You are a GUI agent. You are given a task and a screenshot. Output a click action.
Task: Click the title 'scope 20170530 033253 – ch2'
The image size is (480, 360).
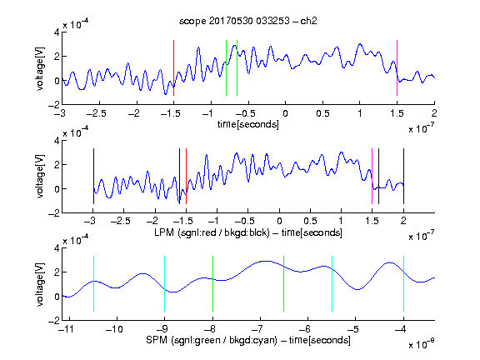248,21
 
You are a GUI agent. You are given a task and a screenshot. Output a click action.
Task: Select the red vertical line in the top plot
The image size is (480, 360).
173,68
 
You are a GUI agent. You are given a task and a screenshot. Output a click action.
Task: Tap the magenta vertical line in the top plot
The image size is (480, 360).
397,68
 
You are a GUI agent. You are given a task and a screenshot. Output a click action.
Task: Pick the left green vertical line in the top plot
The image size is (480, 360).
226,68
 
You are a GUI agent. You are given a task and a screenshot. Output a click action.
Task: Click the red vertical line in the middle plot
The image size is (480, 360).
186,177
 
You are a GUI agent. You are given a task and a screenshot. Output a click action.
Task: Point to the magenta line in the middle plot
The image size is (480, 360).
372,177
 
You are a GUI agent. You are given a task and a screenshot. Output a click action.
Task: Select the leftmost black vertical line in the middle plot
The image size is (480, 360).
93,177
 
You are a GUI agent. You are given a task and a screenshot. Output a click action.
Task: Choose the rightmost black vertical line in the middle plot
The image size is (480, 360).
403,177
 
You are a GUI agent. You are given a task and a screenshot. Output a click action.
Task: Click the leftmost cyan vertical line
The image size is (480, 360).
93,284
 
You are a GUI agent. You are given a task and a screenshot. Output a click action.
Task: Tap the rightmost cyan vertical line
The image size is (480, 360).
403,284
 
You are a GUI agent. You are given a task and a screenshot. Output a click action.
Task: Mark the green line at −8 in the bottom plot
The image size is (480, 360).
212,284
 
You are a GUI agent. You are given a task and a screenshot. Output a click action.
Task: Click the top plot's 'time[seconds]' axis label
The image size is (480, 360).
248,125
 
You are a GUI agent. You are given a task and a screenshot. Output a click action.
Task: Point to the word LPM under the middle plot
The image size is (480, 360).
164,232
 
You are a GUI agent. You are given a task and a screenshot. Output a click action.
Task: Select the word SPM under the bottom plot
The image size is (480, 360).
157,340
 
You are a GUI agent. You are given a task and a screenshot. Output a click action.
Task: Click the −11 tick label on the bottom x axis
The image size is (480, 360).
67,329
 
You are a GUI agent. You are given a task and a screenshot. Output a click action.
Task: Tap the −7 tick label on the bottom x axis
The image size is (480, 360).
258,329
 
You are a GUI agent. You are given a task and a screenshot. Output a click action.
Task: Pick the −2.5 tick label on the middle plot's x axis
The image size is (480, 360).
121,221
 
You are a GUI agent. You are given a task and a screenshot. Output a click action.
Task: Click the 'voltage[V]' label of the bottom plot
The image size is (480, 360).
40,284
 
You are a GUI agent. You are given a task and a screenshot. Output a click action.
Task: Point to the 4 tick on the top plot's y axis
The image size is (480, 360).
57,32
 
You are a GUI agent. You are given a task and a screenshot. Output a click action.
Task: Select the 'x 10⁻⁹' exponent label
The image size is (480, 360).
422,344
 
